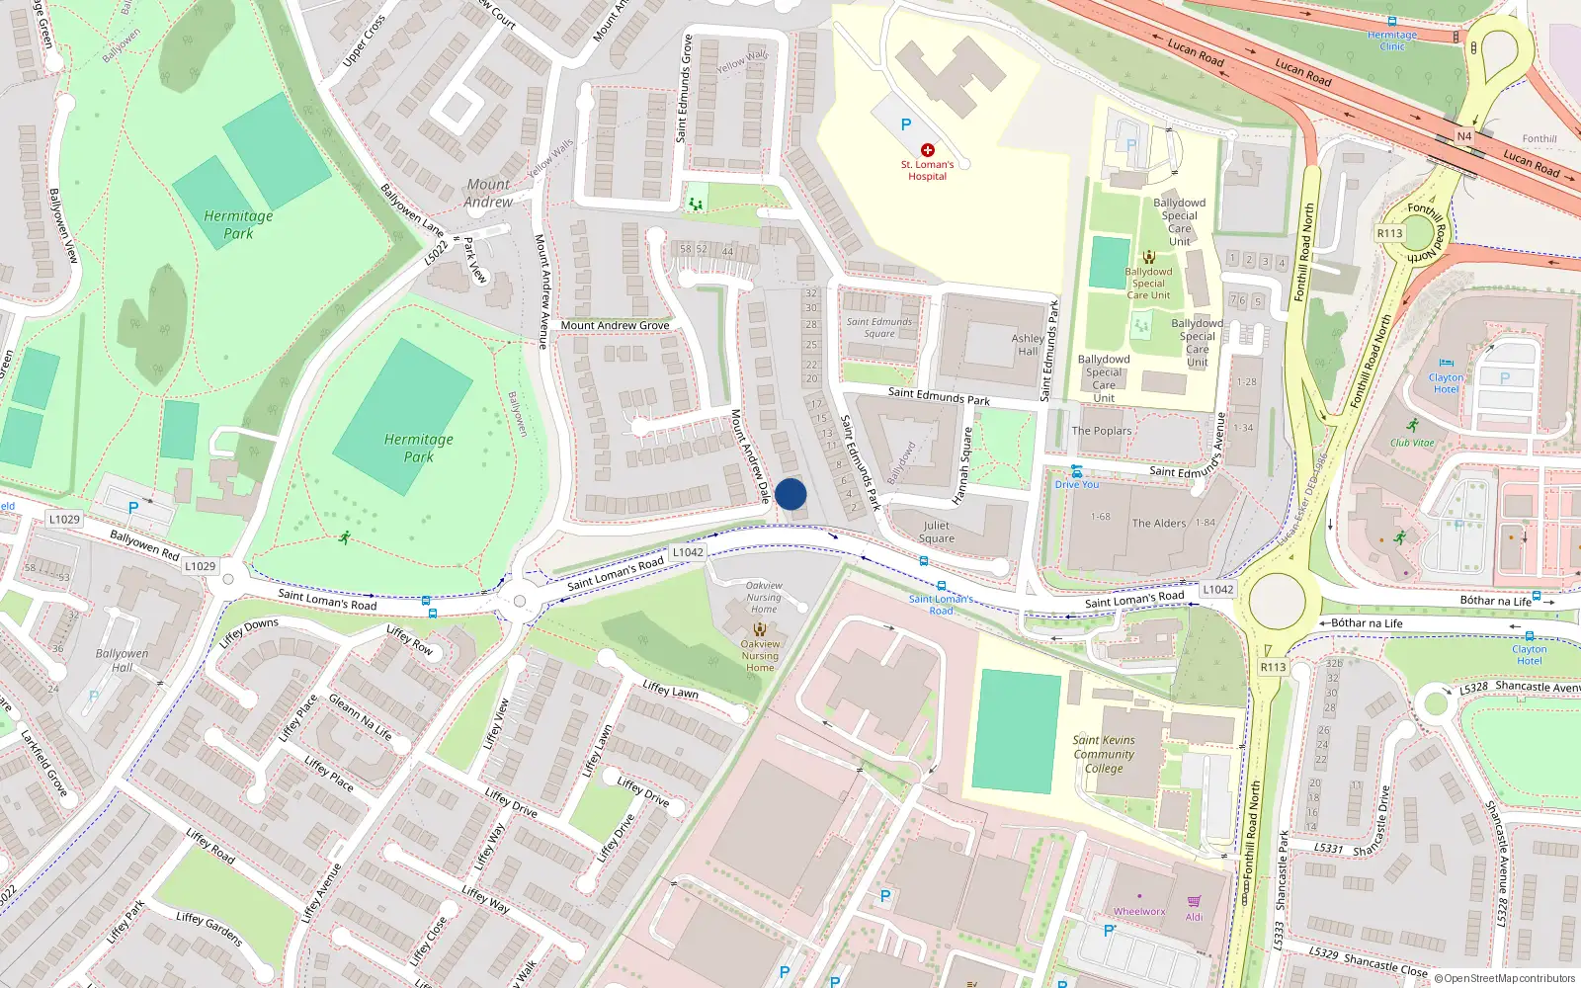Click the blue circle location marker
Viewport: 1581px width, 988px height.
coord(790,494)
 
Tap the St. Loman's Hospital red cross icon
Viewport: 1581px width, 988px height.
coord(927,150)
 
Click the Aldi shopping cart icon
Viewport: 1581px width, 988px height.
coord(1194,901)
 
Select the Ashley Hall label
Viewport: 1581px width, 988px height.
coord(1028,344)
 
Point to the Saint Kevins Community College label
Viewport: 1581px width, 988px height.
coord(1104,754)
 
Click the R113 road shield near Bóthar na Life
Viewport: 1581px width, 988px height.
coord(1273,667)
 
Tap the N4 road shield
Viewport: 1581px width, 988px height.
coord(1464,136)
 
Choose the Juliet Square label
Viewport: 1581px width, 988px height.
coord(936,532)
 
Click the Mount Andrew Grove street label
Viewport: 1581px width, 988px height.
coord(615,325)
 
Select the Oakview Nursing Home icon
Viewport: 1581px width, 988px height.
coord(760,628)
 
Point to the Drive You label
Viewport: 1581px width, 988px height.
coord(1076,484)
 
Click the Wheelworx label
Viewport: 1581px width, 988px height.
coord(1139,912)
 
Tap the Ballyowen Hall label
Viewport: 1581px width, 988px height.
coord(122,660)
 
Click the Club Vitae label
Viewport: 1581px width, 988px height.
coord(1412,443)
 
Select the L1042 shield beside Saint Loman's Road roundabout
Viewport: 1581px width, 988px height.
coord(1217,589)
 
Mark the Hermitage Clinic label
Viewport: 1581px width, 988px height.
coord(1391,40)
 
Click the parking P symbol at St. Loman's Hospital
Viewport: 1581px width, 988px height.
coord(905,124)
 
